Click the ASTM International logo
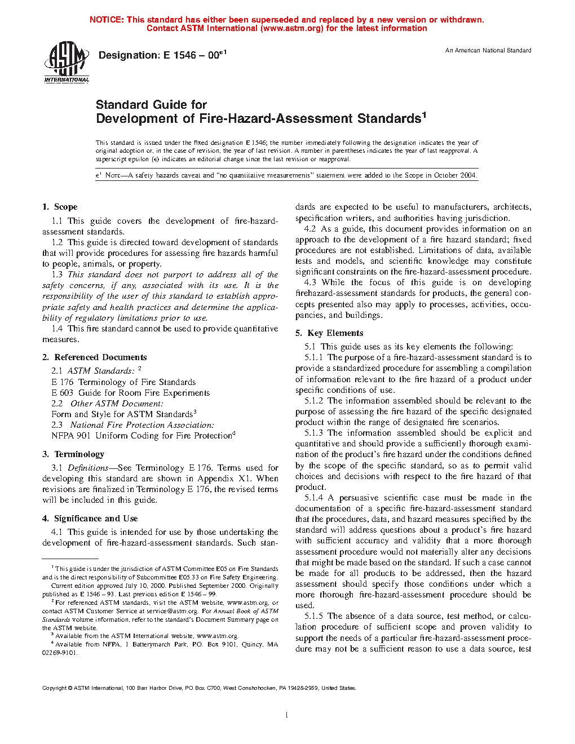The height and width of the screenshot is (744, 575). [x=67, y=63]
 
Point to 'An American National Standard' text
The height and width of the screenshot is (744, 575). [x=488, y=51]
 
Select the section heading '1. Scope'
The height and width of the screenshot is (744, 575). [x=60, y=207]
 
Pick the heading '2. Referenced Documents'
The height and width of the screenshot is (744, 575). [x=94, y=357]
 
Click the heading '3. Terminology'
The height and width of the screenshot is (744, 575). [x=73, y=454]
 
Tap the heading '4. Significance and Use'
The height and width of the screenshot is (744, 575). [x=90, y=519]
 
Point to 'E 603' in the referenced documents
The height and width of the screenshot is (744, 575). [x=62, y=393]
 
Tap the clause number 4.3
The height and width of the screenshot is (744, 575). [x=310, y=282]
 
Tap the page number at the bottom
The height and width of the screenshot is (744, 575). [x=287, y=715]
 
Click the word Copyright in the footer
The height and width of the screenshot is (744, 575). [x=55, y=688]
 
